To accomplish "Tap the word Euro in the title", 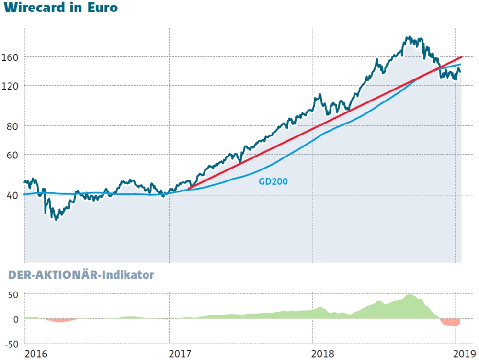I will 103,8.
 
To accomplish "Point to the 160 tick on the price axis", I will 10,57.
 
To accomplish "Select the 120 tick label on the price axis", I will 10,86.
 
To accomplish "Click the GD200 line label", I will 273,182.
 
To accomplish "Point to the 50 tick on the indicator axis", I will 12,294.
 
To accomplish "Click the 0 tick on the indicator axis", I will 15,319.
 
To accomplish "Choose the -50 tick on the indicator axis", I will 11,344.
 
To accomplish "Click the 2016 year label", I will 36,354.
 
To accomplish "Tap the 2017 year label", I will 180,354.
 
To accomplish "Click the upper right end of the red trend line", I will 461,57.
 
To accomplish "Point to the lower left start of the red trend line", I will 189,189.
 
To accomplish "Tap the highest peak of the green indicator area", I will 409,295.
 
